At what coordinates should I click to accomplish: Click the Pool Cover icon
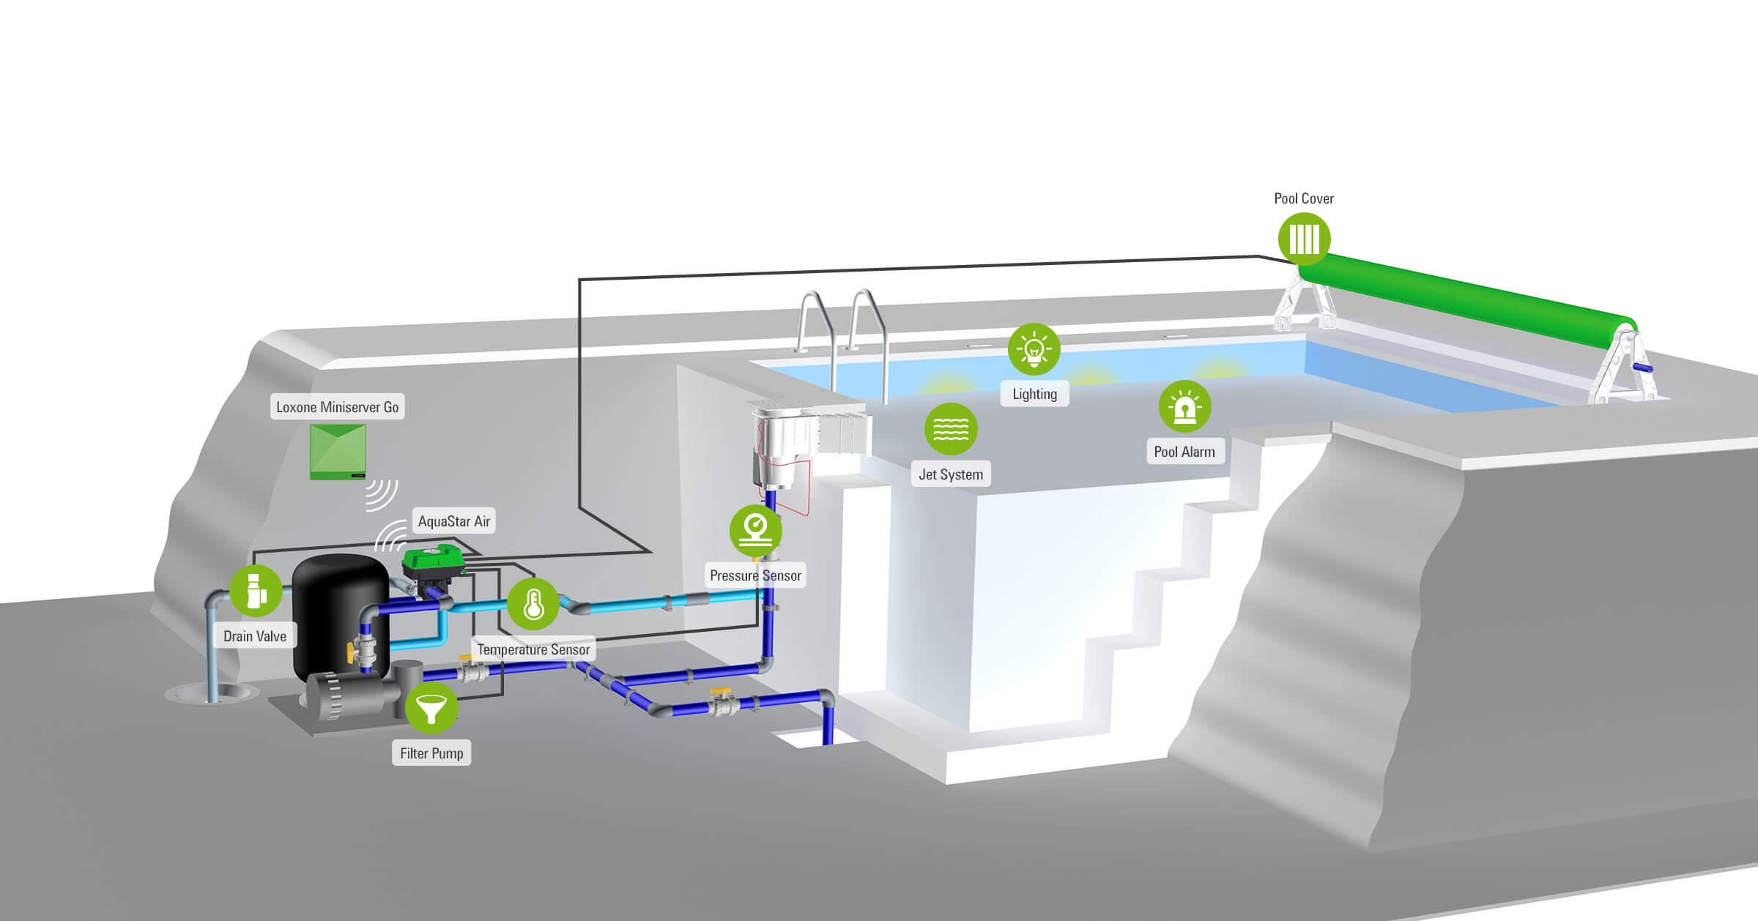[x=1304, y=239]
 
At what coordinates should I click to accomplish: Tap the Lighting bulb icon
[x=1034, y=349]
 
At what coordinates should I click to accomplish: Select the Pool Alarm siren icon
[x=1184, y=406]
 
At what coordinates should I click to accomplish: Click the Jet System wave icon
[x=951, y=429]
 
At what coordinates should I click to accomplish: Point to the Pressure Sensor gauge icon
[x=755, y=530]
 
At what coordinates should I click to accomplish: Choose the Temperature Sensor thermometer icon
[x=533, y=604]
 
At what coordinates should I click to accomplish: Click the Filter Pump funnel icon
[x=431, y=708]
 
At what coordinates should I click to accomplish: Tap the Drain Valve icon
[x=256, y=591]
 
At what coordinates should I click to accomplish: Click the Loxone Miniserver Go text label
[x=337, y=407]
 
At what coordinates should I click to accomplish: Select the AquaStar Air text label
[x=453, y=521]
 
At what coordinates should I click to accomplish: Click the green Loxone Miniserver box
[x=338, y=452]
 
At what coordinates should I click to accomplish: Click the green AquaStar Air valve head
[x=433, y=562]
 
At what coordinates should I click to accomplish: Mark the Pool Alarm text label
[x=1184, y=452]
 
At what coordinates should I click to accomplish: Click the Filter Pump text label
[x=431, y=753]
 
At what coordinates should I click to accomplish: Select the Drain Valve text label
[x=255, y=636]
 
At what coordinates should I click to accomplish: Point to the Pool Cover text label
[x=1304, y=198]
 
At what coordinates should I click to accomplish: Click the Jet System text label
[x=951, y=474]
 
